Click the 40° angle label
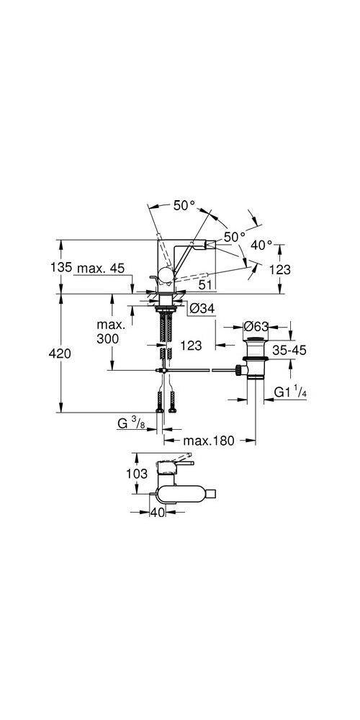pyautogui.click(x=261, y=245)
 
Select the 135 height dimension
pyautogui.click(x=63, y=268)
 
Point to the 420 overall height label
pyautogui.click(x=63, y=353)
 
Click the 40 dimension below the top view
pyautogui.click(x=157, y=512)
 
